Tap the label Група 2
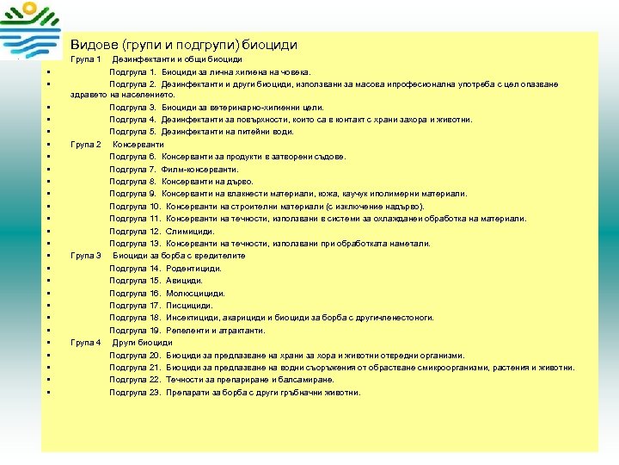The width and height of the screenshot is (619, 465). [86, 144]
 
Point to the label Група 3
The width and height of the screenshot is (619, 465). [86, 256]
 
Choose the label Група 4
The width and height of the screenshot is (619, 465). [86, 343]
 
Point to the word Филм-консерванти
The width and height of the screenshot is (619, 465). [199, 169]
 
